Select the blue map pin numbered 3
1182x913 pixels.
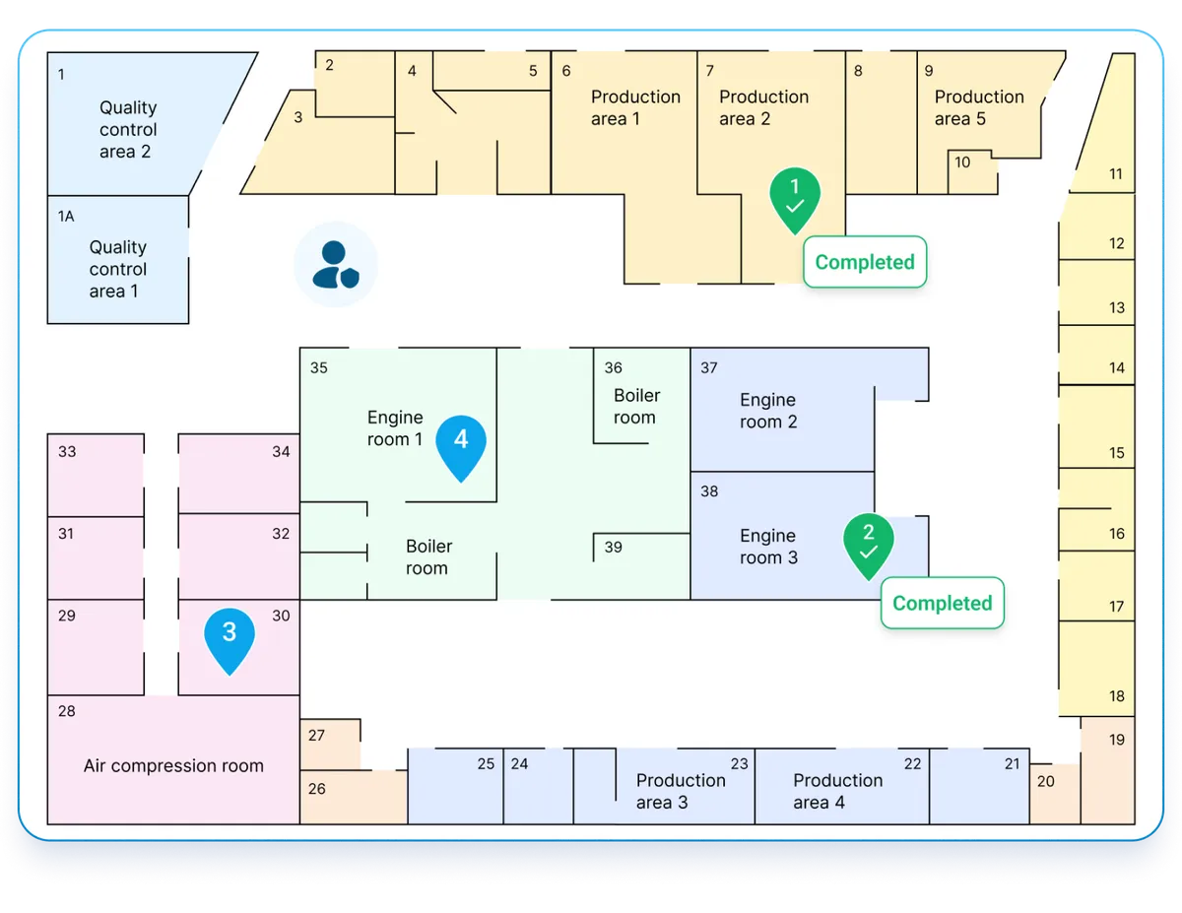click(229, 637)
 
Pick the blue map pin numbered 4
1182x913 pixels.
click(461, 444)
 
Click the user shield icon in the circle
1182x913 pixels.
click(336, 264)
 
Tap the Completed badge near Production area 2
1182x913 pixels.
click(865, 262)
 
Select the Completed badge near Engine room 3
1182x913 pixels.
click(942, 603)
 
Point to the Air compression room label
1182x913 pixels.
click(173, 766)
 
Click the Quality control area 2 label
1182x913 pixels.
click(127, 130)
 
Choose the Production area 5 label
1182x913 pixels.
click(978, 107)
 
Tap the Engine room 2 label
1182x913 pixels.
click(768, 411)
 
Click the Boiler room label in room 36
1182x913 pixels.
click(636, 406)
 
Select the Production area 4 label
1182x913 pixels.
click(837, 791)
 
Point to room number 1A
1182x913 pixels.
click(66, 216)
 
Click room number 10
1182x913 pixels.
click(962, 163)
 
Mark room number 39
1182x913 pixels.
click(614, 548)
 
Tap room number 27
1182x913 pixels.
click(316, 736)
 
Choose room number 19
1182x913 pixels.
click(1117, 740)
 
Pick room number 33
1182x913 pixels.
click(67, 452)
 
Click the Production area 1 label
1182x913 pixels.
click(635, 107)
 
